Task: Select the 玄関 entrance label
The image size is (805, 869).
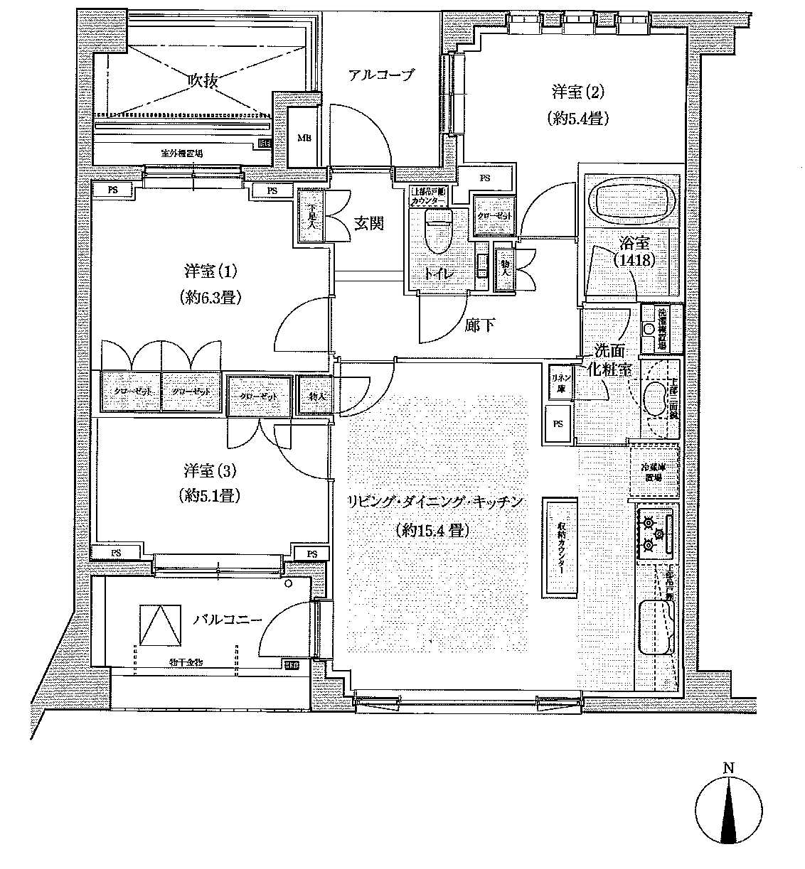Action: [369, 223]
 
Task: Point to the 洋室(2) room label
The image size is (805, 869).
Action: [578, 92]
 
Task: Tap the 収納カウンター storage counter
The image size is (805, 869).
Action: [561, 545]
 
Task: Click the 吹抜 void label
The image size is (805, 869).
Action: [202, 80]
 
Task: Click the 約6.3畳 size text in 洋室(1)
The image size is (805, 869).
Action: [210, 298]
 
